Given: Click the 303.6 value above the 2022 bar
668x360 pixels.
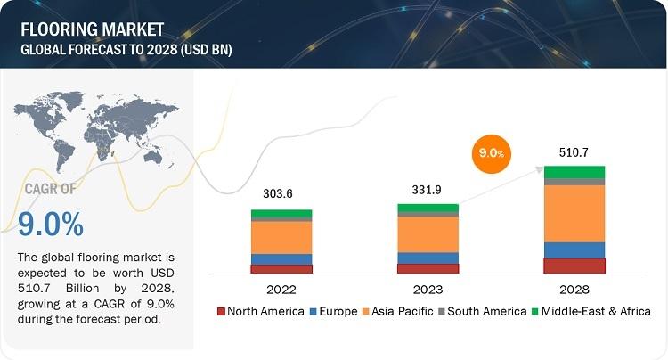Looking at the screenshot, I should click(281, 194).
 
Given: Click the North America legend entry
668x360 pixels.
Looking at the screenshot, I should click(259, 312).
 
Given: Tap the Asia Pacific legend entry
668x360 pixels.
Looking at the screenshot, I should click(402, 312).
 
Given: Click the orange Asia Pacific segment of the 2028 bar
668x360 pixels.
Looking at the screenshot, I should click(574, 213).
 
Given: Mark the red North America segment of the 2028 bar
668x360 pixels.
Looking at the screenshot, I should click(574, 266).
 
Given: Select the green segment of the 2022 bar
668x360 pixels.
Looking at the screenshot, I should click(281, 214).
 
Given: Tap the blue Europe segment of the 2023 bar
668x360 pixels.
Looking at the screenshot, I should click(428, 258).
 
